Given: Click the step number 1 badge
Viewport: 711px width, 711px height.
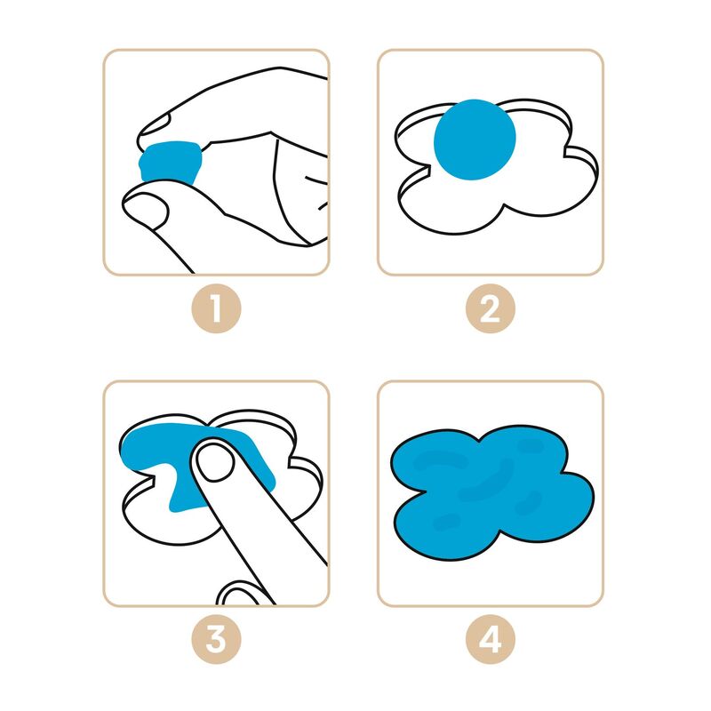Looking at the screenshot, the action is coord(216,308).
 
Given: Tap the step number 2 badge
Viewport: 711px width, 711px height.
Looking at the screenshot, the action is coord(491,308).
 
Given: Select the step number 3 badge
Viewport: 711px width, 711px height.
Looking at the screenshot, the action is coord(216,639).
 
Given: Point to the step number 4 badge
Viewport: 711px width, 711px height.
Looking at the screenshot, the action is coord(491,639).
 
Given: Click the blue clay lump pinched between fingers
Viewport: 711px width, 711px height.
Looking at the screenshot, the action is coord(170,163).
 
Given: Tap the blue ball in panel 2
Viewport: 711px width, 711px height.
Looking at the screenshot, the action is coord(475,140).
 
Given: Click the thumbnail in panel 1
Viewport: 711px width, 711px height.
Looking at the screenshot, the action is coord(146,209).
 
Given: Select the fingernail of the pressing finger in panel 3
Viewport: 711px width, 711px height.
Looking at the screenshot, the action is coord(215,462).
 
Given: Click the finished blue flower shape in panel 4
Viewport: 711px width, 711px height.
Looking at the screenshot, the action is coord(492,492).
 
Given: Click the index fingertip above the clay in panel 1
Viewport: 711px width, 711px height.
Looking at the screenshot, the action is coord(154,129).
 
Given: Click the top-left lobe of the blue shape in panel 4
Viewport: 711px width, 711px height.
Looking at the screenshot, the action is coord(435,458).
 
